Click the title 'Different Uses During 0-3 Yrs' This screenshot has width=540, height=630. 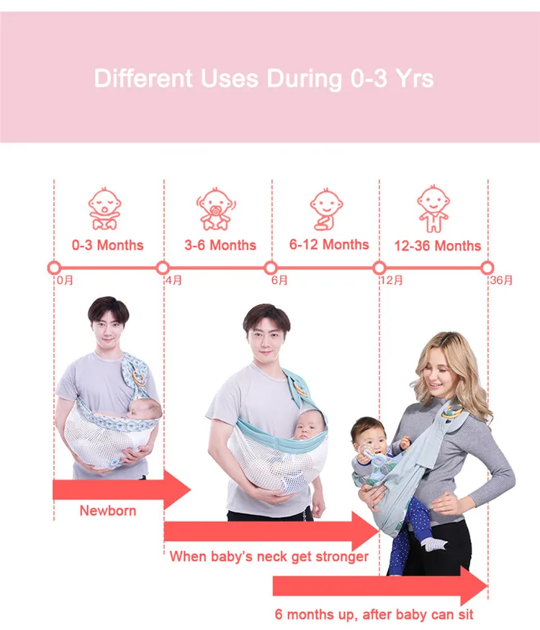pos(264,78)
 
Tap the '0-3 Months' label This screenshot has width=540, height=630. pos(107,245)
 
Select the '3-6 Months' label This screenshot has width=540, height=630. pos(220,245)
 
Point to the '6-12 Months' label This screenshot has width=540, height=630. pos(329,245)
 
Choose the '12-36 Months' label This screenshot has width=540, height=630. pos(437,246)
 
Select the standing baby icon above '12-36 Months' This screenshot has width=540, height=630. pos(432,209)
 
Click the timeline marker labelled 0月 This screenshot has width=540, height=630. pos(54,268)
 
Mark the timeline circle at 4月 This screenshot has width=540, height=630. pos(163,268)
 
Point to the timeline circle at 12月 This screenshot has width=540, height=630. pos(379,268)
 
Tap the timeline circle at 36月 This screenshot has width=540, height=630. pos(487,268)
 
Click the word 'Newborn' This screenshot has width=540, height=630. pos(107,511)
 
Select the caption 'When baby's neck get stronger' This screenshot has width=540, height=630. pos(269,557)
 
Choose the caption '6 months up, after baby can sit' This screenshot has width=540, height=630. pos(374,615)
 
